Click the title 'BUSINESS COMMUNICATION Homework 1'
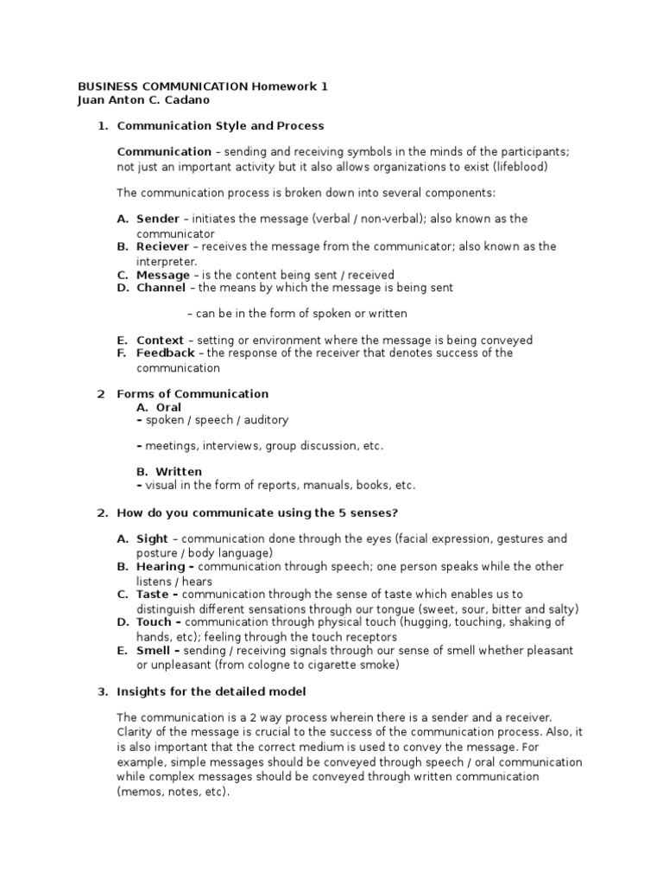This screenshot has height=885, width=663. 203,86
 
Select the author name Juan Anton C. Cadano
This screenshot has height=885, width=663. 143,100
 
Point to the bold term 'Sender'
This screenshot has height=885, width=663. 158,219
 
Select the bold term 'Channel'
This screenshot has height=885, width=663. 161,288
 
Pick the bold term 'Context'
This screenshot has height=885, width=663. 160,340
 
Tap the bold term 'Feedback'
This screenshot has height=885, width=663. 166,353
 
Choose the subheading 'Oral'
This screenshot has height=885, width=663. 168,407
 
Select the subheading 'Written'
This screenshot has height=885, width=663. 178,472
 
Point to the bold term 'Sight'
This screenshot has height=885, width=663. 153,538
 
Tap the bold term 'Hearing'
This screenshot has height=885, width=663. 161,566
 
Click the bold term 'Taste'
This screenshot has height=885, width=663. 154,594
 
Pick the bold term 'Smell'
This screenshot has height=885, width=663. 155,649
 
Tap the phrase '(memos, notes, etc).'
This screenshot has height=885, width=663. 174,791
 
